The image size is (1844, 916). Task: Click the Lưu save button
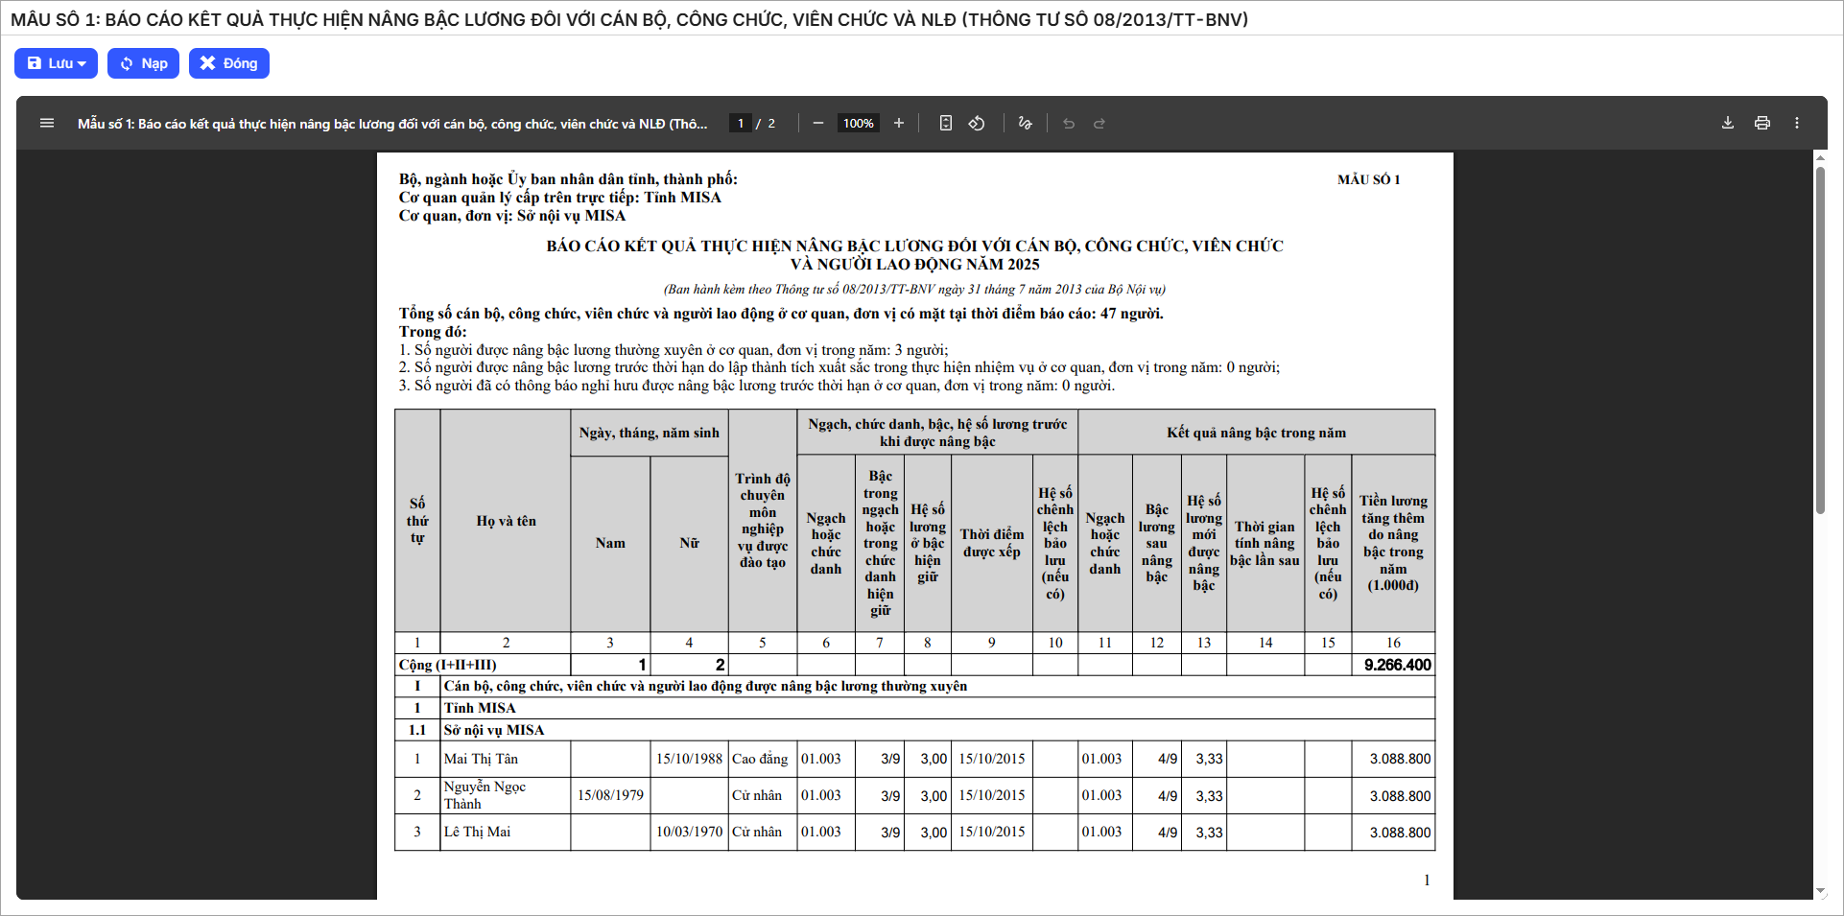point(56,63)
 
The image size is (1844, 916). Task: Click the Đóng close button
point(228,63)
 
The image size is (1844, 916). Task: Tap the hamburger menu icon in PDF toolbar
point(46,123)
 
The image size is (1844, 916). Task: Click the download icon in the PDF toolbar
point(1727,123)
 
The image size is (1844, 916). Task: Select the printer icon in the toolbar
point(1761,123)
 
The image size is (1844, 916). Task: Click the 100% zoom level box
point(858,123)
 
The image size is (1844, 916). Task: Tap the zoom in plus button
point(898,123)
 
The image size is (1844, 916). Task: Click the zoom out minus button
point(817,123)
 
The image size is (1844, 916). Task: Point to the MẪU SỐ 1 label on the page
point(1368,179)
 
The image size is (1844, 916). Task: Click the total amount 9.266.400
point(1397,665)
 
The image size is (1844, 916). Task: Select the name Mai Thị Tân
point(481,759)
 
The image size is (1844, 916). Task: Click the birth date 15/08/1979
point(610,795)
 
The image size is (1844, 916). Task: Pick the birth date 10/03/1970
point(689,832)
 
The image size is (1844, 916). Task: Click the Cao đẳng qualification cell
point(760,759)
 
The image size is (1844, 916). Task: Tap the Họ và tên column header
point(506,521)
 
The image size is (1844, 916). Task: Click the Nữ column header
point(689,543)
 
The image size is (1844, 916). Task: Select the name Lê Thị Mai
point(477,832)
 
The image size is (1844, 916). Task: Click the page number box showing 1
point(740,123)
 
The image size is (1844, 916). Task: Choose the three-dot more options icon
point(1796,123)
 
